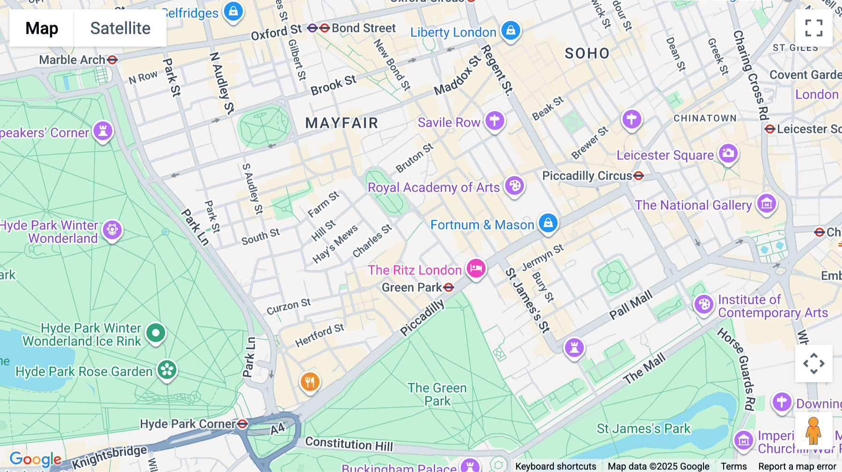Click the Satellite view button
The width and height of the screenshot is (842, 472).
120,29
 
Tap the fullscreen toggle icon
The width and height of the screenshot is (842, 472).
813,28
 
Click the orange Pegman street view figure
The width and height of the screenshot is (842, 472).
813,431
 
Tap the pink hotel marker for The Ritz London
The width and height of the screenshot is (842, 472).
476,269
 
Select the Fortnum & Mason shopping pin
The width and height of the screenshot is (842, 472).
548,223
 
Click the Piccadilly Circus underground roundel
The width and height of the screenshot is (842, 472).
639,176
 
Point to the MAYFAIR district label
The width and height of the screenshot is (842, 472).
341,123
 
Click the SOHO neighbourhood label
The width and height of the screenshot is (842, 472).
587,54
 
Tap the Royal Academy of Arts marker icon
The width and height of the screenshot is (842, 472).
515,186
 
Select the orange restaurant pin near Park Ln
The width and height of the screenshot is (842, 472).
309,382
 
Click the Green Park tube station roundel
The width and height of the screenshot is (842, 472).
449,287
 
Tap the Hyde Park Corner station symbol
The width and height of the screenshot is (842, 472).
242,424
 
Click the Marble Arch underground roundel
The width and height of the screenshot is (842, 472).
112,60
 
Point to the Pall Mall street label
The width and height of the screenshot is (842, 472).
631,305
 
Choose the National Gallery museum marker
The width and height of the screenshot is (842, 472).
766,203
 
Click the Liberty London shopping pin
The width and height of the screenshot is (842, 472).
510,31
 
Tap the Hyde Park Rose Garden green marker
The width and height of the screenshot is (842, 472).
167,370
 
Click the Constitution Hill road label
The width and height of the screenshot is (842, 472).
349,443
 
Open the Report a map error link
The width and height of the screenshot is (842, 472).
797,466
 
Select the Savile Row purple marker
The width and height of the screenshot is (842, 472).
494,121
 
